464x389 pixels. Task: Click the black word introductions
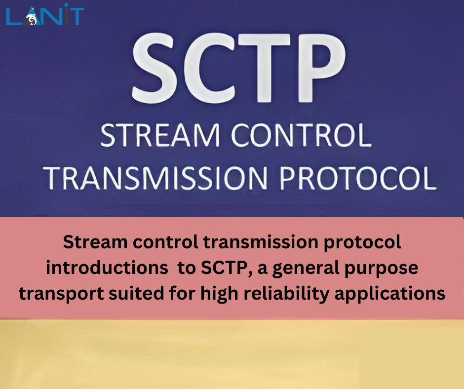107,269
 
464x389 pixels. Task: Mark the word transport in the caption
61,294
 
